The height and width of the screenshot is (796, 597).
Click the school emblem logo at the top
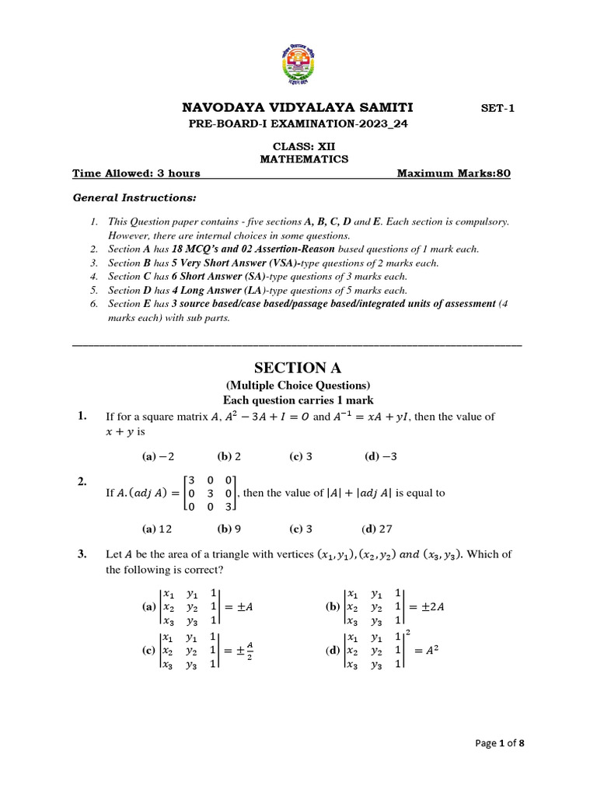298,63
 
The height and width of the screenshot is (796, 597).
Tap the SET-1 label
498,109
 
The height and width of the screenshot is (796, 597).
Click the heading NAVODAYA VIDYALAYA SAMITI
298,107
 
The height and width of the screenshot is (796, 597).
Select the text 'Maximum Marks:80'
454,173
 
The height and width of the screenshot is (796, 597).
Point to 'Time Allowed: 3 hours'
136,173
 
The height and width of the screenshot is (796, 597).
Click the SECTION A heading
298,368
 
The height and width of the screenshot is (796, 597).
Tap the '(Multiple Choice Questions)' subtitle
298,386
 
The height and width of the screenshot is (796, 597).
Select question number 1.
82,417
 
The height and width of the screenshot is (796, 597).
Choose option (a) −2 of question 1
158,457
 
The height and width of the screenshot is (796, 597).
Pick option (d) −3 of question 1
380,457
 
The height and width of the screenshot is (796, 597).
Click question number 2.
82,482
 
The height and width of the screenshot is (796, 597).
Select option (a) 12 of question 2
157,529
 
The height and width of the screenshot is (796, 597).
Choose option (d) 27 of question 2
377,529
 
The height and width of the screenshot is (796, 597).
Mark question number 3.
82,554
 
